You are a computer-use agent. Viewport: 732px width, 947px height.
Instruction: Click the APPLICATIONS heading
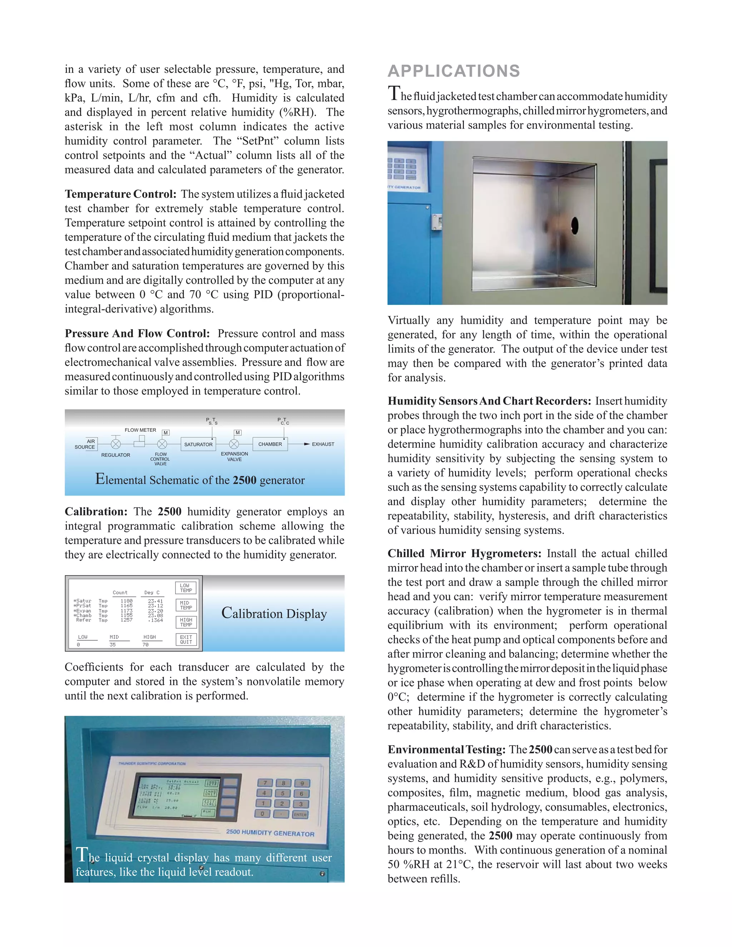(x=454, y=71)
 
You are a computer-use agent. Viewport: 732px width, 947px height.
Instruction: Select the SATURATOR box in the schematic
(x=198, y=444)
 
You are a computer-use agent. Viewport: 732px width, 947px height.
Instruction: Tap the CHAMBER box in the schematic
(x=270, y=444)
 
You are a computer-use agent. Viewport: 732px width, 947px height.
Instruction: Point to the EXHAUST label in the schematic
(x=323, y=444)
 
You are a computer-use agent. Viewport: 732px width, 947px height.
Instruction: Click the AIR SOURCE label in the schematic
(x=85, y=444)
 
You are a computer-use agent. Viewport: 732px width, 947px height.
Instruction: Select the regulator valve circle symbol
(x=116, y=444)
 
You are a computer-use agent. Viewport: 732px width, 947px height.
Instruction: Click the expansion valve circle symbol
(x=234, y=444)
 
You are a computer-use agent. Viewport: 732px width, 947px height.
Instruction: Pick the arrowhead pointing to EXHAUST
(x=307, y=444)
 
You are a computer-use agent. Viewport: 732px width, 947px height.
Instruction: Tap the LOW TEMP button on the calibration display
(x=186, y=588)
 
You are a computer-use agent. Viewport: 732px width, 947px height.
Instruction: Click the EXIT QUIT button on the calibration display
(x=186, y=640)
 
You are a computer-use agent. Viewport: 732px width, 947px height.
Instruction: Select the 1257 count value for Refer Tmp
(x=126, y=620)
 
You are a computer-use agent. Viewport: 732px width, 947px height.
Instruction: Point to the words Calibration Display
(x=274, y=614)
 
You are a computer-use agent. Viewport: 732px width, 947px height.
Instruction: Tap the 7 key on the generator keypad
(x=266, y=783)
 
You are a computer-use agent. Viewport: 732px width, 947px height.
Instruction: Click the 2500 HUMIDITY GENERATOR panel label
(x=270, y=833)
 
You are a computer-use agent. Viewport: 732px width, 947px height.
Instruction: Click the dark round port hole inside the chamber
(x=575, y=225)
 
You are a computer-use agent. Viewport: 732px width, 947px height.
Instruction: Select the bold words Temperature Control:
(x=120, y=194)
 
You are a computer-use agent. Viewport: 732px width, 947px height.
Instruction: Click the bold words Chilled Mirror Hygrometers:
(x=464, y=554)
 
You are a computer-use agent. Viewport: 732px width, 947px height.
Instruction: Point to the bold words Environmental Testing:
(x=446, y=750)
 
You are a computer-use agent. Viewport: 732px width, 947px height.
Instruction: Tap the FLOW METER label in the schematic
(x=140, y=430)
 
